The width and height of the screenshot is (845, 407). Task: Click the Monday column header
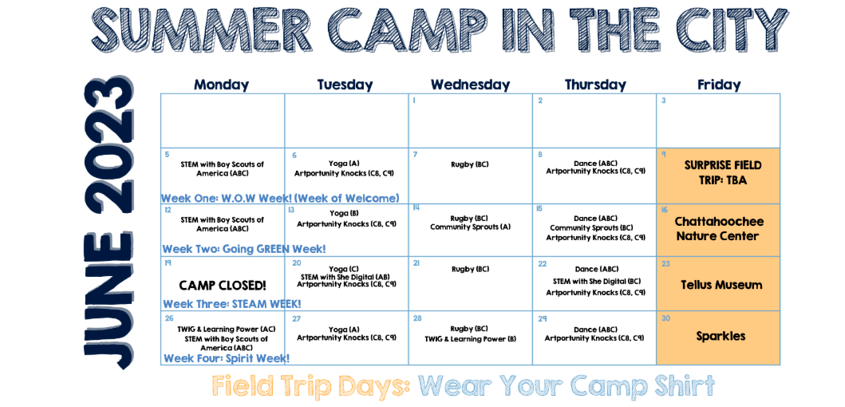click(222, 85)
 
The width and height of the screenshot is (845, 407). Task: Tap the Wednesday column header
click(470, 85)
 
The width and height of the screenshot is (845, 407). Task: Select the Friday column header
click(719, 85)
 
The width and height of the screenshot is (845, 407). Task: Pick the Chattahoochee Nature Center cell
click(718, 229)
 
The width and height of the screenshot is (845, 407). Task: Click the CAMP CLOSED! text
click(223, 285)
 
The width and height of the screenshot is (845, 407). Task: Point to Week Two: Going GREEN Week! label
click(244, 249)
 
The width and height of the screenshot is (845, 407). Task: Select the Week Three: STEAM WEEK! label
click(232, 303)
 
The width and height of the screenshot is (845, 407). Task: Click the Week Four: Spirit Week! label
click(227, 358)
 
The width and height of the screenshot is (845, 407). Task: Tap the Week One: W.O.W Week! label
click(280, 198)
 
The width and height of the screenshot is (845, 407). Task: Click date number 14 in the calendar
click(417, 208)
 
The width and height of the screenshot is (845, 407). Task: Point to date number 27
click(296, 318)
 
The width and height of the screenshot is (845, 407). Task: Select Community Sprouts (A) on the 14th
click(470, 227)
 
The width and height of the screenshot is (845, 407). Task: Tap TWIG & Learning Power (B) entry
click(471, 339)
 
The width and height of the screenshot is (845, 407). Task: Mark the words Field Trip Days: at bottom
click(311, 386)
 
